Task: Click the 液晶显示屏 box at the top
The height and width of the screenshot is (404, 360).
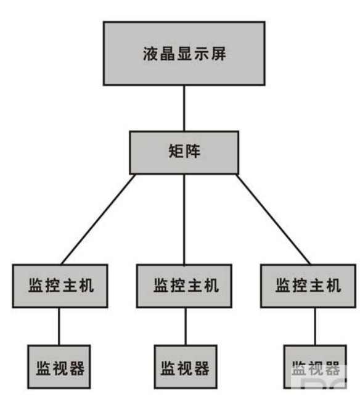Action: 184,53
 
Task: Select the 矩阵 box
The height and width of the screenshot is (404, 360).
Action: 184,152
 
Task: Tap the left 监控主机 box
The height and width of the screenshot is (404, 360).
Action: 60,286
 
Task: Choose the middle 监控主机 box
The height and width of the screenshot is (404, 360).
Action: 184,286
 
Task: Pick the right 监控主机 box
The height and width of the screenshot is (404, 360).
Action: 308,286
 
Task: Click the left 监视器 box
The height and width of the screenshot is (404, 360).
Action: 59,366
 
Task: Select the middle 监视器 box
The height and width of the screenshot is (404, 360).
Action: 186,366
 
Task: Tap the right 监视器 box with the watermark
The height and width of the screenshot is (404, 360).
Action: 315,366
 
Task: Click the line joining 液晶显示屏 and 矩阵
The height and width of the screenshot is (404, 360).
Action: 184,108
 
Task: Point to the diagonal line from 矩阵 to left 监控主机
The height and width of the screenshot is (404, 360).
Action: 98,219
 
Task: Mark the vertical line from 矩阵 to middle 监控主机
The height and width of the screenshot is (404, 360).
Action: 184,219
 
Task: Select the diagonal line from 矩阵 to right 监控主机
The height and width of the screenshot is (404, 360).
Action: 273,219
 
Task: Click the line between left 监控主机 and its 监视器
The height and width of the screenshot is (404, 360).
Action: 59,326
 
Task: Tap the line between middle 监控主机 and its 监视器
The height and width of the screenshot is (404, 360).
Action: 186,326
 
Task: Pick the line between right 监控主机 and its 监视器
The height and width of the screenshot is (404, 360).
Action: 315,326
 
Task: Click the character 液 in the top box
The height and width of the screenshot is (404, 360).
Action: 150,54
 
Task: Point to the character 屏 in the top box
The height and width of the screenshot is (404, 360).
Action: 219,54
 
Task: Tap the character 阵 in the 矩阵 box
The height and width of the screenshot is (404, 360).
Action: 193,151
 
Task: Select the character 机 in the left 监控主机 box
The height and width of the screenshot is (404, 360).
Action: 86,285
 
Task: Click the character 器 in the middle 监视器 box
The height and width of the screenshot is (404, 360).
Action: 202,368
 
